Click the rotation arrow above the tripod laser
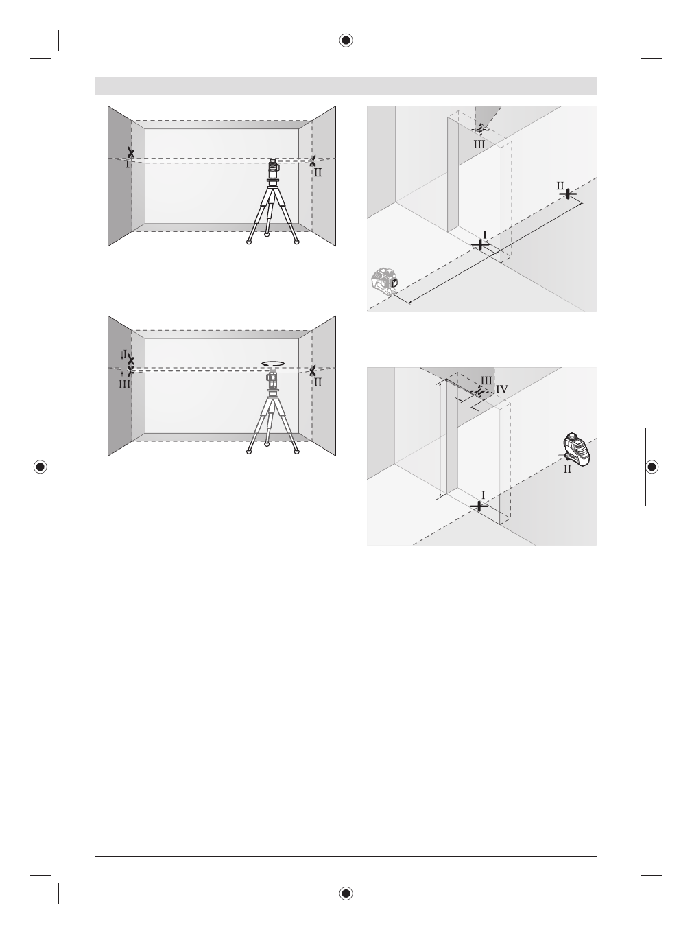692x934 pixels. click(273, 364)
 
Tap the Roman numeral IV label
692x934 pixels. click(502, 388)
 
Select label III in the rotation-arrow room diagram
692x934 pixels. click(123, 384)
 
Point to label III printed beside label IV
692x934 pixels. click(486, 380)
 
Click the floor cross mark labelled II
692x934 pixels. click(568, 194)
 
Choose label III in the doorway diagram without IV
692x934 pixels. click(479, 144)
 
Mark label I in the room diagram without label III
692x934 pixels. click(127, 165)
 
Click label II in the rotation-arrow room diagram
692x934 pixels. click(317, 382)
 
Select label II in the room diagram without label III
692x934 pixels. click(317, 172)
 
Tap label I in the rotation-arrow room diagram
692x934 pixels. click(124, 355)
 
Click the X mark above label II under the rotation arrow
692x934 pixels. click(313, 371)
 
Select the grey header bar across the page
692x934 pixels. click(346, 86)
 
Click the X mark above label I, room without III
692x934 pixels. click(130, 152)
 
